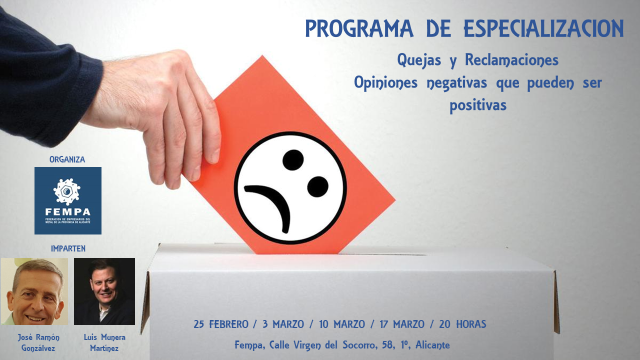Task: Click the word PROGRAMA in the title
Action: [359, 28]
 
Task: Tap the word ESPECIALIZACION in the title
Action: [543, 28]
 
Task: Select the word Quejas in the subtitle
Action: [419, 60]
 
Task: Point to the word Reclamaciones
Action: [511, 60]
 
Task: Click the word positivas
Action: [478, 105]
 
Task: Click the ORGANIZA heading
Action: [67, 159]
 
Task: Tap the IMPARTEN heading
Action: [68, 248]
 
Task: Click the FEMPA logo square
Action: [68, 200]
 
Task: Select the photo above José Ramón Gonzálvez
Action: [34, 291]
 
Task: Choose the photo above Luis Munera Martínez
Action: [104, 291]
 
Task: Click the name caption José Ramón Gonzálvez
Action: [38, 342]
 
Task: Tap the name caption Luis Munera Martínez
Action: [104, 342]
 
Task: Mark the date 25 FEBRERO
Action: [221, 324]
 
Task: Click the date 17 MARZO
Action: [402, 324]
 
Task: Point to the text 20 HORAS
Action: [462, 324]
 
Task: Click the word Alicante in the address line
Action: [432, 345]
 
